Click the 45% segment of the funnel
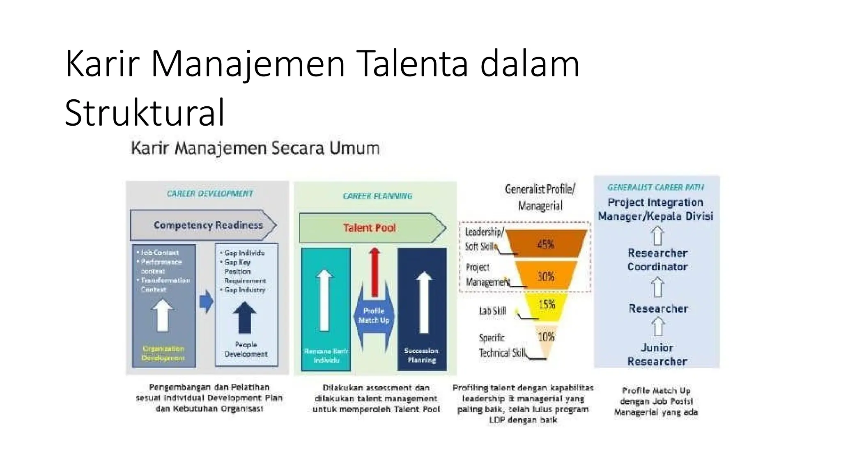[x=546, y=244]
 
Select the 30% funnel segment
[x=546, y=276]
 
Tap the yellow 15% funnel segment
[x=547, y=305]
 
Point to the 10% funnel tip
[x=546, y=338]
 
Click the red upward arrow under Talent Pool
[x=374, y=271]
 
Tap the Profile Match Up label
[x=374, y=315]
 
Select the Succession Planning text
[x=421, y=355]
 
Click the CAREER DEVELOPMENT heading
[x=210, y=193]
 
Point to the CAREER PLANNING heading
[x=377, y=196]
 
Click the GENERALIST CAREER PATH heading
[x=656, y=187]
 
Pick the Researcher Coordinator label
[x=657, y=260]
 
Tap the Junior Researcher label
[x=657, y=354]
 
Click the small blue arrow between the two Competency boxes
[x=206, y=301]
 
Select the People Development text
[x=246, y=349]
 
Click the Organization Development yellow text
[x=163, y=353]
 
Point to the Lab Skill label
[x=492, y=311]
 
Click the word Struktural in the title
[x=145, y=113]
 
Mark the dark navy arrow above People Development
[x=245, y=317]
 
